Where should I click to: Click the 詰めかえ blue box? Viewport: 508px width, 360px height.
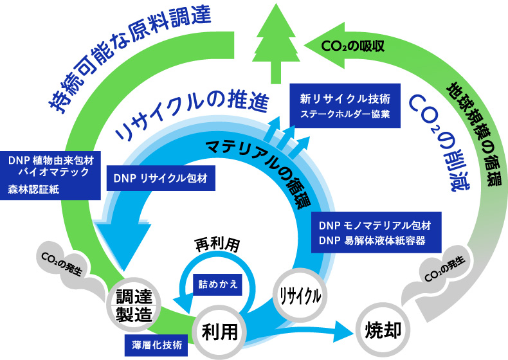coord(217,283)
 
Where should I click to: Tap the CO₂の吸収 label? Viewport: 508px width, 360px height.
coord(354,46)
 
